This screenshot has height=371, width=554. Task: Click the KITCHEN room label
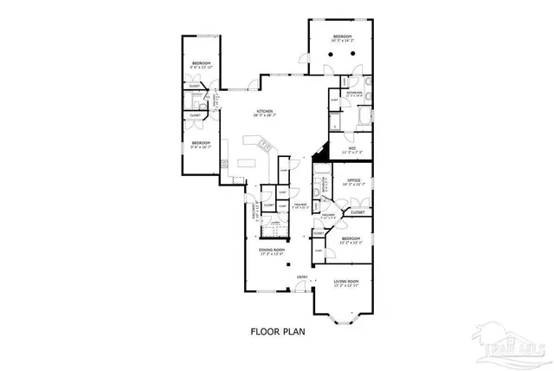click(263, 111)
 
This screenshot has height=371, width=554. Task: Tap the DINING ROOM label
click(272, 251)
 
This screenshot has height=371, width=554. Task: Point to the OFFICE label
click(354, 179)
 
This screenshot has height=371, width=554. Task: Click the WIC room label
click(353, 148)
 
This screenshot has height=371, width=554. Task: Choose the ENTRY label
click(302, 277)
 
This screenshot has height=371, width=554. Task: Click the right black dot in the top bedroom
click(355, 53)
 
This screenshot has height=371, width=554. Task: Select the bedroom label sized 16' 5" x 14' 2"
click(343, 37)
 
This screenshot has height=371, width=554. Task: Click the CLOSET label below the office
click(357, 212)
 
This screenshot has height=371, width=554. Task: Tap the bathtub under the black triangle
click(322, 177)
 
